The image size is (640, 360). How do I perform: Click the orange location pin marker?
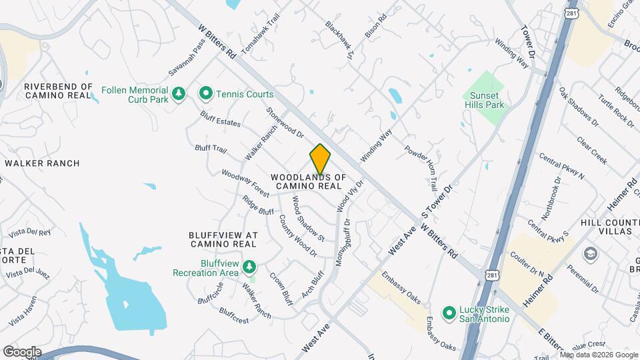[320, 159]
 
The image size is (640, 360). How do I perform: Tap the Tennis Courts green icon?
[206, 94]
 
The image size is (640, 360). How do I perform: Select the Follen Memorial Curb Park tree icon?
[177, 95]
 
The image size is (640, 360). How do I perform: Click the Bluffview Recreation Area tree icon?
[249, 267]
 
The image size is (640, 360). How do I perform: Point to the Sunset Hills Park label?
[485, 100]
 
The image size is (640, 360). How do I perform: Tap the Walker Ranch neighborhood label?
[42, 163]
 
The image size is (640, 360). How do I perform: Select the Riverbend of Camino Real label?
[58, 91]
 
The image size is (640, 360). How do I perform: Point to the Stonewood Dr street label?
[285, 123]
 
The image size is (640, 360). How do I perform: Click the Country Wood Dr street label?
[297, 235]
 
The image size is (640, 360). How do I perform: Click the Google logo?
[22, 351]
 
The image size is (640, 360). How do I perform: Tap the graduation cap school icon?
[589, 254]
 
